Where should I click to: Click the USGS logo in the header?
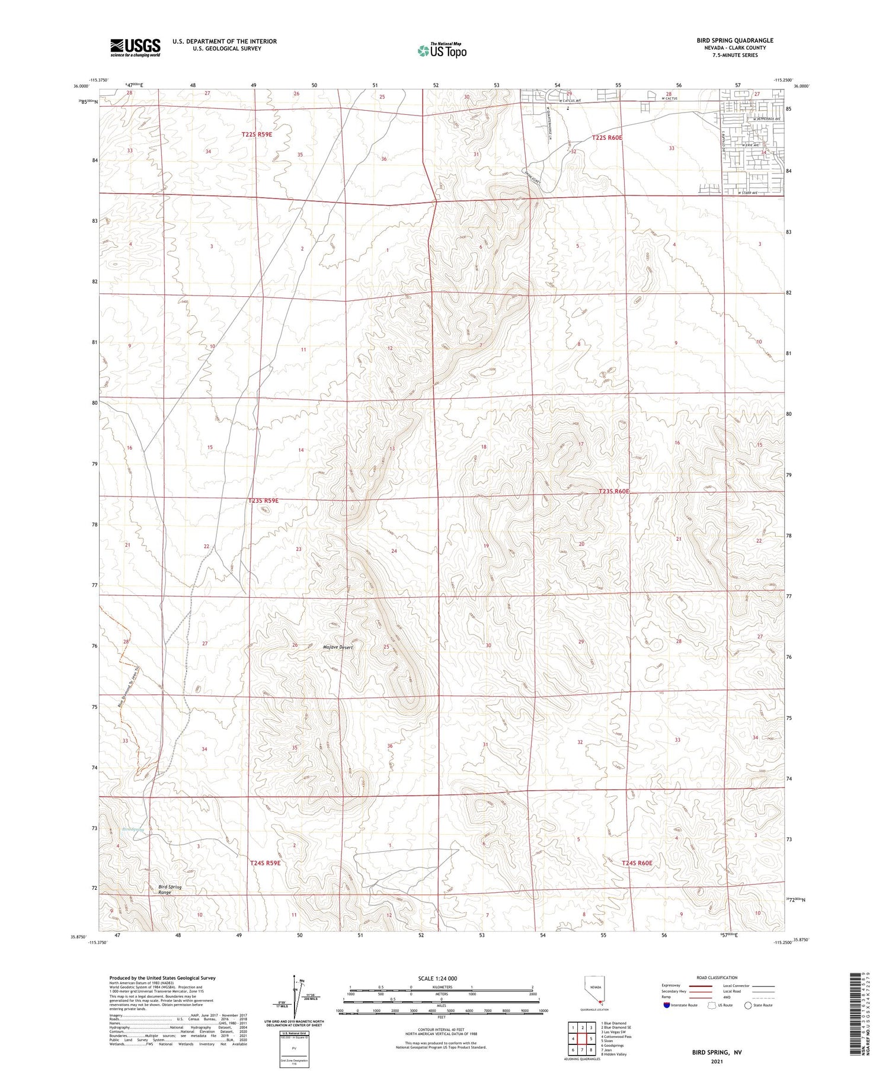[135, 47]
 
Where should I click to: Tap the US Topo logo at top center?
[442, 50]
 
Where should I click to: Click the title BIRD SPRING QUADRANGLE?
[734, 40]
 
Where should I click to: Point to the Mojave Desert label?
[338, 647]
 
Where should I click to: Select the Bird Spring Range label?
[170, 889]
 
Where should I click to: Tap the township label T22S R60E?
[607, 137]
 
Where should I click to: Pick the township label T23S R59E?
[263, 501]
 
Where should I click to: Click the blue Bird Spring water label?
[133, 829]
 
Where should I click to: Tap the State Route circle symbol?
[749, 1005]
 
